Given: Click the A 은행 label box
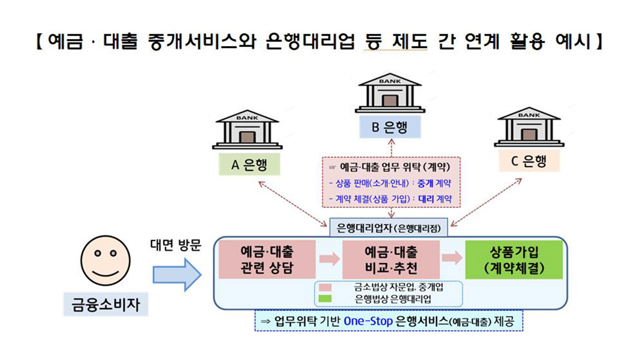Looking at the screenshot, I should pyautogui.click(x=249, y=164).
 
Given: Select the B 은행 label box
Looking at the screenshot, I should pyautogui.click(x=389, y=126).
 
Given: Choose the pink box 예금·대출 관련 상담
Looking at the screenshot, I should pyautogui.click(x=267, y=259).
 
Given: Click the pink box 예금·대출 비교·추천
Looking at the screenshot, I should pyautogui.click(x=391, y=259).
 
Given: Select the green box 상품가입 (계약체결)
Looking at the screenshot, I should pyautogui.click(x=514, y=259).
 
